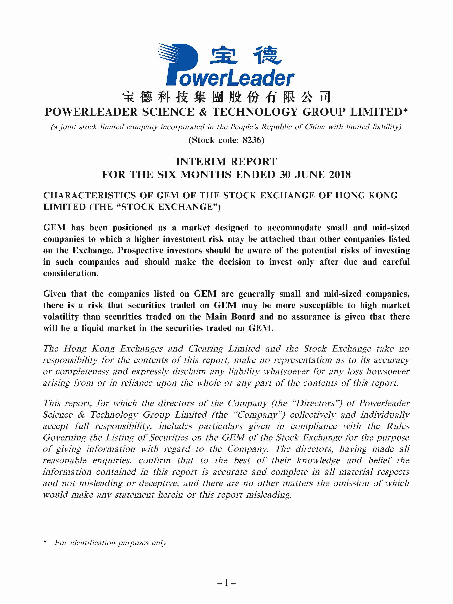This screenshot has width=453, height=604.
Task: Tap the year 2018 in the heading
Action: tap(340, 175)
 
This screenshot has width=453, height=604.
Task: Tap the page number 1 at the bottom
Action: tap(226, 582)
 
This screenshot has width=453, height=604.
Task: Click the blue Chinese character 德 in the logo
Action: tap(267, 55)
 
